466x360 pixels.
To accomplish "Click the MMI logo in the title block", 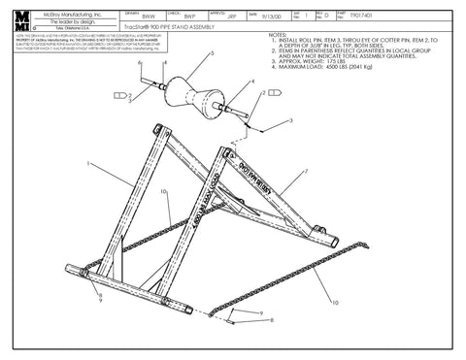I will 21,21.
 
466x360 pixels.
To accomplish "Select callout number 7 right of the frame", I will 306,172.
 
